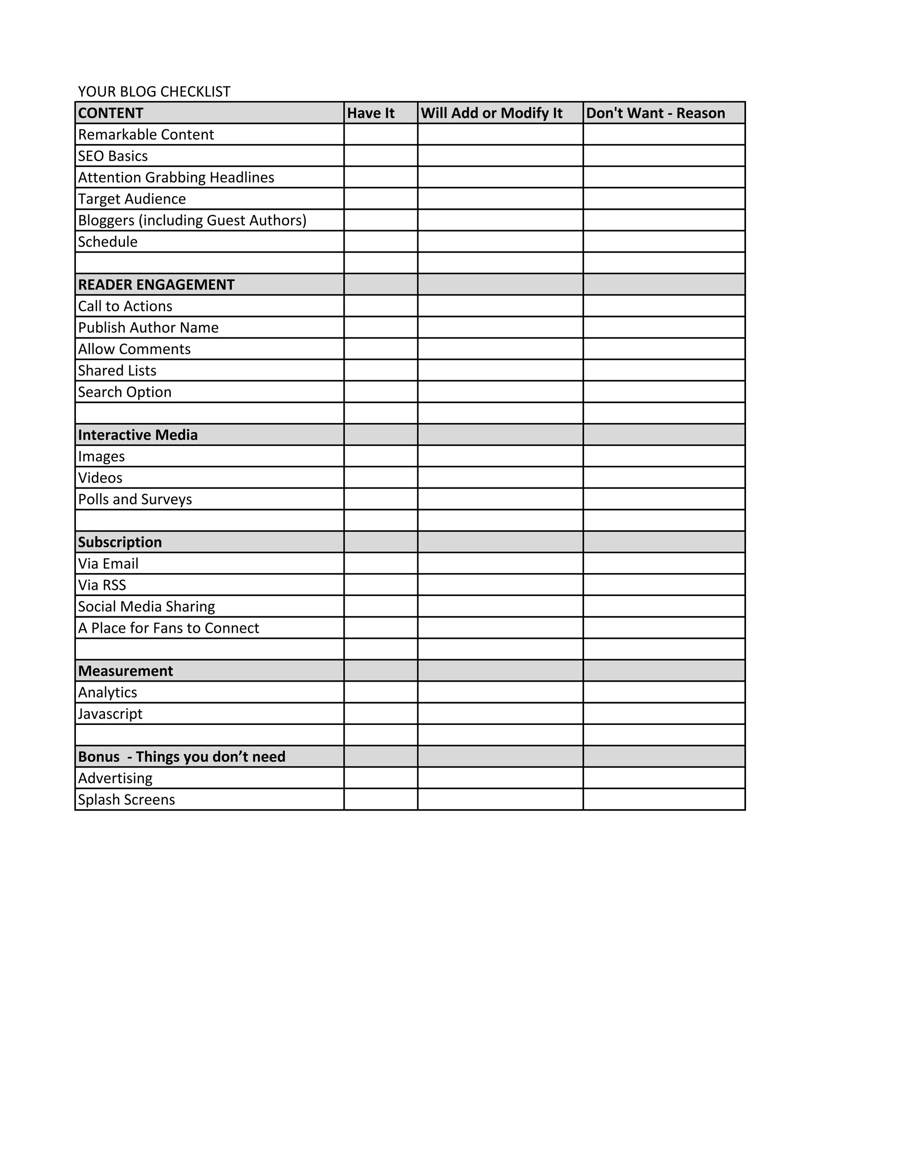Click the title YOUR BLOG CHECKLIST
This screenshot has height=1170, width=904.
[x=154, y=91]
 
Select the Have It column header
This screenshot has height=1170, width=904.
[x=371, y=113]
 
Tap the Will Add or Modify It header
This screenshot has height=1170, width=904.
[x=492, y=113]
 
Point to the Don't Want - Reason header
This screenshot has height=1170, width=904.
[x=655, y=113]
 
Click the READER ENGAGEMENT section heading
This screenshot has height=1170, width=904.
[x=156, y=284]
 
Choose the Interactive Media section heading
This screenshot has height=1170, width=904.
[x=138, y=434]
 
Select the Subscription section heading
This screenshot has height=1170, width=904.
[x=120, y=542]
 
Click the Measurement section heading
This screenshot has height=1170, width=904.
[x=125, y=671]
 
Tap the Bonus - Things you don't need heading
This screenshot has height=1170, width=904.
[x=181, y=756]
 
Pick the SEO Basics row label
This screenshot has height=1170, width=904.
[x=113, y=156]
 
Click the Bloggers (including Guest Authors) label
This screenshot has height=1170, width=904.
[x=192, y=220]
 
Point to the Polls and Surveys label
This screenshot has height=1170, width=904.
[x=135, y=499]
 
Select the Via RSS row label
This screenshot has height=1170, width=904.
[x=102, y=585]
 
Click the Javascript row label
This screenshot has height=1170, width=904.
[x=110, y=713]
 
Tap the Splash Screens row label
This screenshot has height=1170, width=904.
[x=126, y=799]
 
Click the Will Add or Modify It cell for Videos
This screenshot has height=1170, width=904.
[x=500, y=477]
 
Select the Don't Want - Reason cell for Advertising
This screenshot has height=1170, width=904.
[x=664, y=778]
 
